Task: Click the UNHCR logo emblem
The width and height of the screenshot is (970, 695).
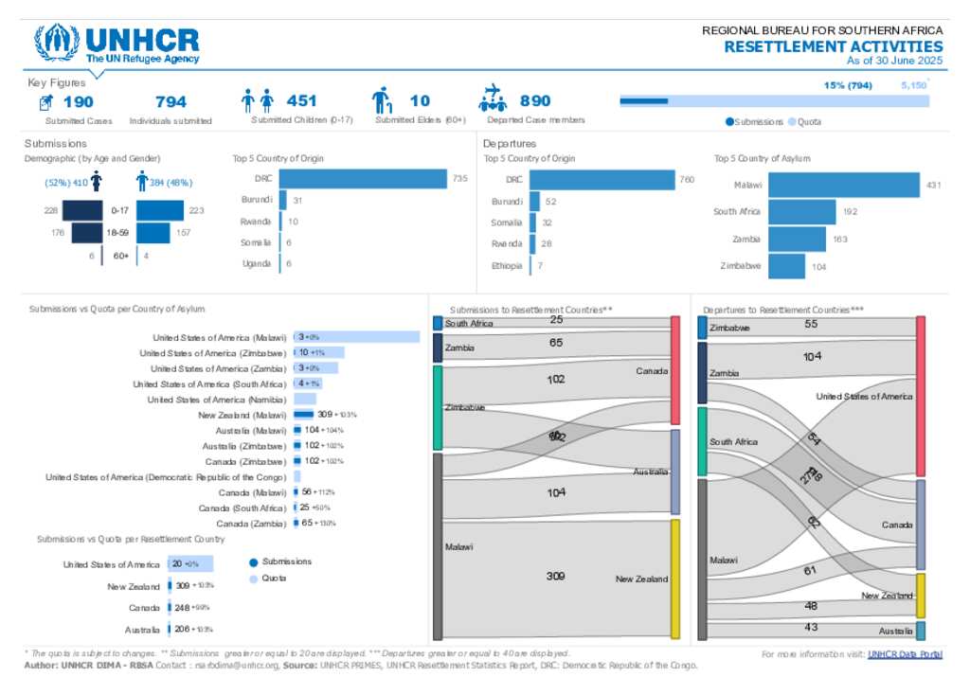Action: (x=57, y=43)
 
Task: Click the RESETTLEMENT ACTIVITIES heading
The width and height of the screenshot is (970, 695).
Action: (x=834, y=46)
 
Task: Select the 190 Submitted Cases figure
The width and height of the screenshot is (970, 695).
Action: (x=78, y=101)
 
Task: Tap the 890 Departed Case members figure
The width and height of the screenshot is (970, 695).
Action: (x=534, y=101)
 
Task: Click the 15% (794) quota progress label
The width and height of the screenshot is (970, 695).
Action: (x=847, y=85)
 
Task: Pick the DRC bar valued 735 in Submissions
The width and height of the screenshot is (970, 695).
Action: (x=363, y=179)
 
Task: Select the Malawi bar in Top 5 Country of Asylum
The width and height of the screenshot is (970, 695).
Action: (x=843, y=186)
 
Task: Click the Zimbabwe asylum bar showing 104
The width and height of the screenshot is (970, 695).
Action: (x=786, y=266)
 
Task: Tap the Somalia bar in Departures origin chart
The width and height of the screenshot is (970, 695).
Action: (x=532, y=223)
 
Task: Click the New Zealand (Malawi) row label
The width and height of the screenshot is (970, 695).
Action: (x=242, y=415)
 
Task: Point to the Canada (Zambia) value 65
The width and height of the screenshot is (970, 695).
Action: (x=307, y=523)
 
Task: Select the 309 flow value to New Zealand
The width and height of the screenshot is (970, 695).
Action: (x=556, y=576)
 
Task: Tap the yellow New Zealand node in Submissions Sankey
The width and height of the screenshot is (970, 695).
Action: (x=675, y=579)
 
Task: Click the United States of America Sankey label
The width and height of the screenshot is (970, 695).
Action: (x=864, y=397)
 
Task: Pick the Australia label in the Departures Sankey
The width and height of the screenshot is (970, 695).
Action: (x=895, y=631)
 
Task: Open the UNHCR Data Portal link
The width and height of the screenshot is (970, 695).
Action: (x=905, y=654)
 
